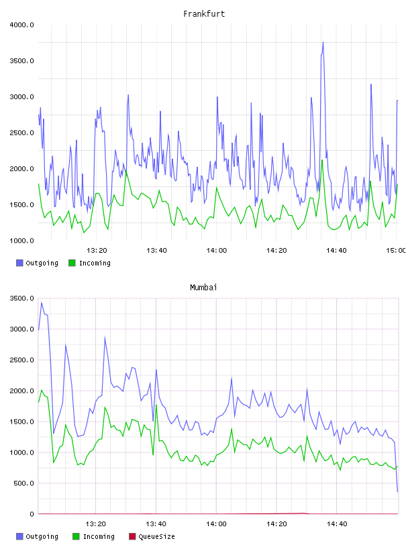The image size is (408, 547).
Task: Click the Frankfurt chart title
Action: click(204, 14)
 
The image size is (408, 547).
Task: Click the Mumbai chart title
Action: click(203, 288)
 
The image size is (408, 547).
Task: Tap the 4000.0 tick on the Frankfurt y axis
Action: click(21, 25)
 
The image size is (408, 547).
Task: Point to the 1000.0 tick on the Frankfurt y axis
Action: click(21, 241)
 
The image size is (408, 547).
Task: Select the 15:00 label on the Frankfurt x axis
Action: click(396, 251)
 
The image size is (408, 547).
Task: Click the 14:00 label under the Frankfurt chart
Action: click(217, 251)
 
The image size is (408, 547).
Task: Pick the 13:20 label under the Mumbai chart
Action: click(96, 524)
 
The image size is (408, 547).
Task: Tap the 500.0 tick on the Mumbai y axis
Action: click(23, 483)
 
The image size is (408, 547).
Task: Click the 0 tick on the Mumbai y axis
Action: click(32, 514)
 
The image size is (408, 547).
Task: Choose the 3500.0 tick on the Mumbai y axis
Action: click(21, 298)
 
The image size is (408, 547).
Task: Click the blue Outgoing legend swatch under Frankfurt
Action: click(19, 263)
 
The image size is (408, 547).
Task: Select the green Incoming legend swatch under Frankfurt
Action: click(72, 263)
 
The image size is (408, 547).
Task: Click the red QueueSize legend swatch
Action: click(132, 536)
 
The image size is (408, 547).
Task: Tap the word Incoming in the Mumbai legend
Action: click(99, 536)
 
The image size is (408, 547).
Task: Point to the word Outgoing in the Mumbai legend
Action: click(42, 536)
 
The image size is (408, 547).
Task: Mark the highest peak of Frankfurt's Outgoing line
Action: click(323, 42)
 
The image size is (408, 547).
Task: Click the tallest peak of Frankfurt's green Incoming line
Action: click(322, 160)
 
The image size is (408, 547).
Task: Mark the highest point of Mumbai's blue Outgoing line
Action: click(42, 302)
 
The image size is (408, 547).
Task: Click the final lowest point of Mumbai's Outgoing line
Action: click(397, 492)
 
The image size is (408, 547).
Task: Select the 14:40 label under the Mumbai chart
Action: click(337, 524)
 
